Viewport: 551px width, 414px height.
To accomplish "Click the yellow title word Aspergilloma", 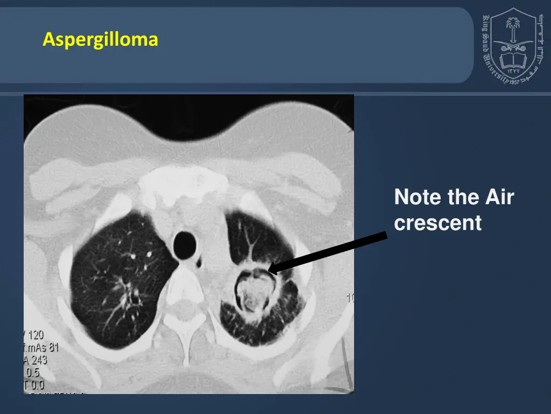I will (x=100, y=40).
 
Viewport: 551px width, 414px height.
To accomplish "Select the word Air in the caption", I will (x=498, y=198).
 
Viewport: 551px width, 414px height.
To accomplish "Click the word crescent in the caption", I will (x=437, y=223).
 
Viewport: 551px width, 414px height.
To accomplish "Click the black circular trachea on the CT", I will (x=185, y=244).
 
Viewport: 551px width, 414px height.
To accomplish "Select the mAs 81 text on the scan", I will (x=46, y=348).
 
